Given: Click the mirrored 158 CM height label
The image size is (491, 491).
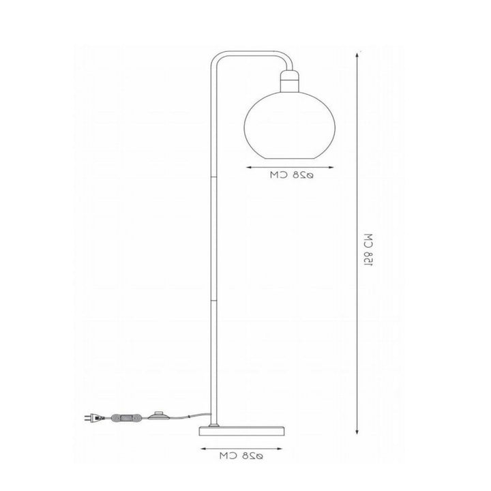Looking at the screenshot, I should click(368, 252).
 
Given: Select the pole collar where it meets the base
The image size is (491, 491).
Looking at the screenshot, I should click(214, 421).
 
